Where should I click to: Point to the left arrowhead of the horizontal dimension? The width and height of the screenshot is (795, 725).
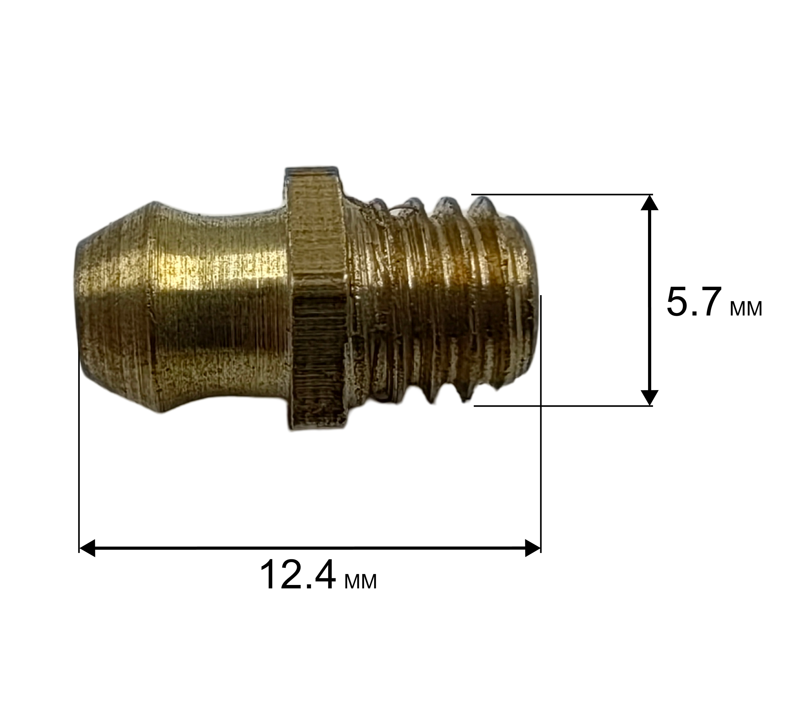pos(87,548)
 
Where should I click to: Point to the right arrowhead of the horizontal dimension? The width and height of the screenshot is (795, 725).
pos(532,548)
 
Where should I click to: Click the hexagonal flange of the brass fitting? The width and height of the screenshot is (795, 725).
pos(316,299)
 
